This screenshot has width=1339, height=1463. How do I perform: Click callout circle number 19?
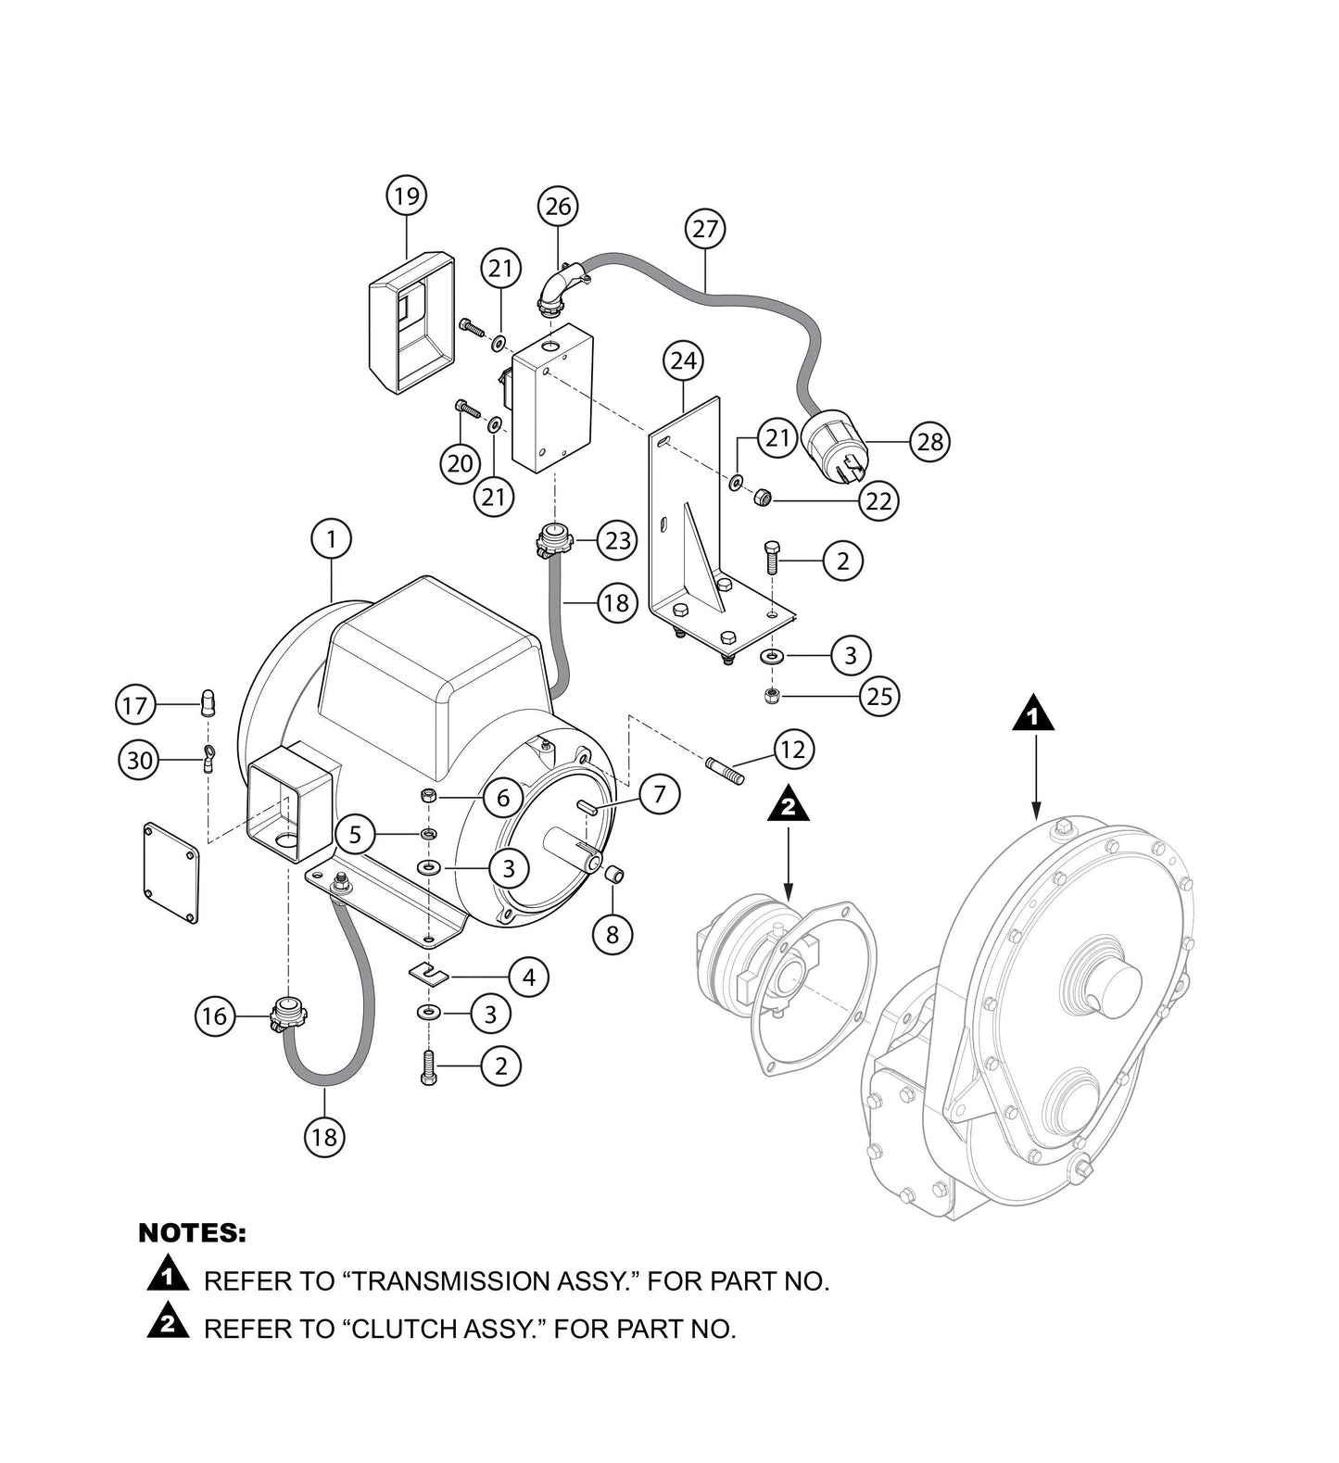406,196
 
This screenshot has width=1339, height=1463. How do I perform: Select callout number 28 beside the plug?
929,441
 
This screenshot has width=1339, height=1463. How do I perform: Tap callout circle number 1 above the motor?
332,538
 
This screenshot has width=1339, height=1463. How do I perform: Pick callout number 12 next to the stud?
793,749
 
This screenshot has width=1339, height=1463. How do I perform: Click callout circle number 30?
138,761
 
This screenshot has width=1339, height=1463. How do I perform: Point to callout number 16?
214,1016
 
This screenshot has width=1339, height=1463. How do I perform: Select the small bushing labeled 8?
613,875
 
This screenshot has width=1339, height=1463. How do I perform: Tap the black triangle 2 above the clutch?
788,804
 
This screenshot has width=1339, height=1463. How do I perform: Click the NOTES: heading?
192,1233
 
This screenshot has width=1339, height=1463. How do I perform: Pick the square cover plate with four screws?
172,871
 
